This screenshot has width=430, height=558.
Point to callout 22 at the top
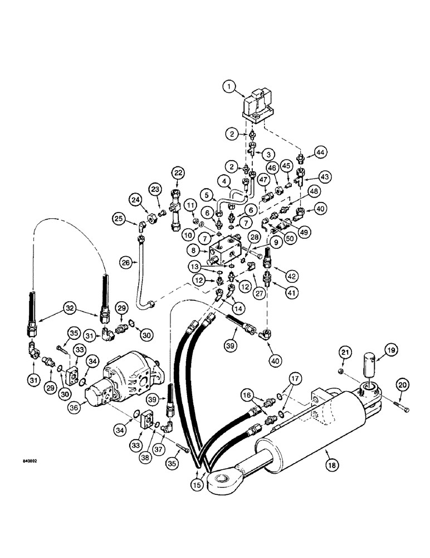[x=178, y=172]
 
